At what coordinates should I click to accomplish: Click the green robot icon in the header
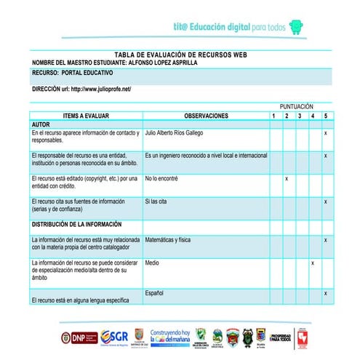point(296,27)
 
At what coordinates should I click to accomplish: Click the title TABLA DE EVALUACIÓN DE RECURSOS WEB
point(180,55)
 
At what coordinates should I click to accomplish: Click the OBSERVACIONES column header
point(206,116)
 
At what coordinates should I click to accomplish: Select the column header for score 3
point(300,116)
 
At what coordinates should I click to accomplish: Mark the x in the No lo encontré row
point(287,178)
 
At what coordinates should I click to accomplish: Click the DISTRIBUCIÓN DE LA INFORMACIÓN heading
point(76,224)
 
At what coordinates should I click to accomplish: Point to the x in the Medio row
point(313,263)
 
